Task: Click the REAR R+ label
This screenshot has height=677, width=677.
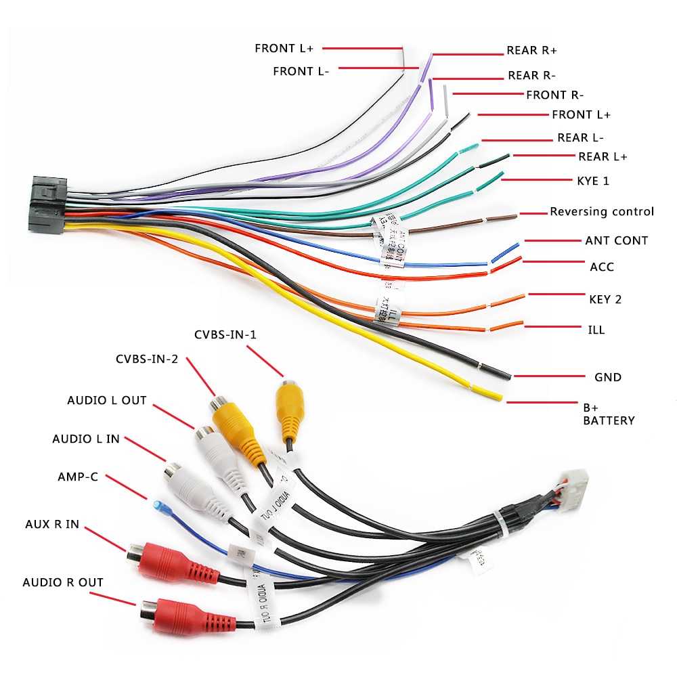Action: pyautogui.click(x=531, y=51)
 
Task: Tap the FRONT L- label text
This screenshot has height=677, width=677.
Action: pyautogui.click(x=301, y=71)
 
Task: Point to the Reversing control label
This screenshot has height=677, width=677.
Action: pyautogui.click(x=602, y=212)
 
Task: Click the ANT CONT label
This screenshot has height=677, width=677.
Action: pyautogui.click(x=616, y=240)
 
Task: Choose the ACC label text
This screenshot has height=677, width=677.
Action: pyautogui.click(x=602, y=267)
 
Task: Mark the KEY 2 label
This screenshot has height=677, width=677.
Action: pyautogui.click(x=605, y=299)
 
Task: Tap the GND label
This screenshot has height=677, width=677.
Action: pyautogui.click(x=607, y=377)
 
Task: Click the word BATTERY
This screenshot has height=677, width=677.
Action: pyautogui.click(x=609, y=420)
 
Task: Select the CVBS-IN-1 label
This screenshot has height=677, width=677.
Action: pyautogui.click(x=225, y=334)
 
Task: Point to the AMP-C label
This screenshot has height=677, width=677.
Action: pyautogui.click(x=78, y=477)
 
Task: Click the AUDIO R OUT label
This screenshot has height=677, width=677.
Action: pyautogui.click(x=63, y=582)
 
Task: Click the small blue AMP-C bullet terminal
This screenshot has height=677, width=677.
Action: pyautogui.click(x=158, y=506)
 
